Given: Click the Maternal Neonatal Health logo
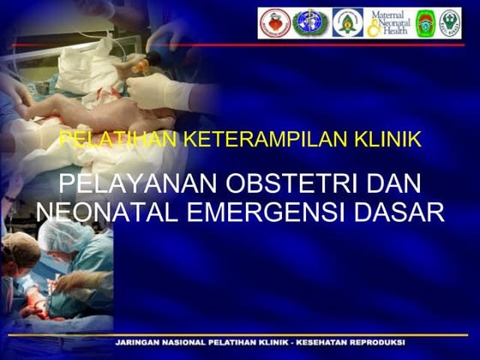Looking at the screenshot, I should [x=389, y=23].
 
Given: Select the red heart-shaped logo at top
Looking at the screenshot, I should [x=274, y=23].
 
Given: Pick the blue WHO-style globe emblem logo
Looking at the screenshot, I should [x=309, y=23].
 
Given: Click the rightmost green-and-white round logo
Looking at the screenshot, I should [x=450, y=23].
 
